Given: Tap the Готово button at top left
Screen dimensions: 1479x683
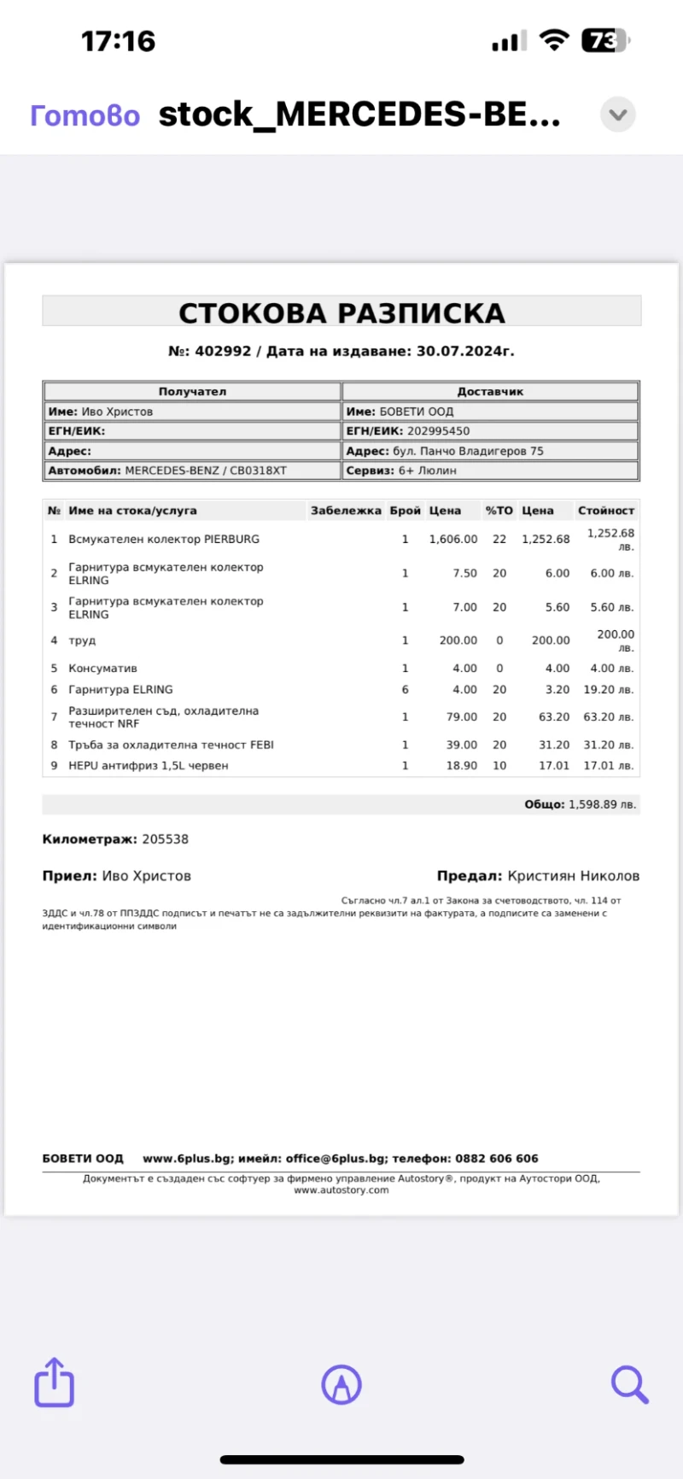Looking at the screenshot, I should point(85,115).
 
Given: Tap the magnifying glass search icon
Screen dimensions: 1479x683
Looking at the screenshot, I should point(629,1383).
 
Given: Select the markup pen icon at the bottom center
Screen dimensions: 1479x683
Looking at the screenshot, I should point(341,1383).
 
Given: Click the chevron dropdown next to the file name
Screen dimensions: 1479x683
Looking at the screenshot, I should point(618,114).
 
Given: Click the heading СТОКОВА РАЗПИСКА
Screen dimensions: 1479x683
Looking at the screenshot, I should point(341,313).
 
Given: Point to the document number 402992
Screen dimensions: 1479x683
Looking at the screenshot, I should point(223,351).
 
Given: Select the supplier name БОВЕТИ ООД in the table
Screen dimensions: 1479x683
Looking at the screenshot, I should point(417,412).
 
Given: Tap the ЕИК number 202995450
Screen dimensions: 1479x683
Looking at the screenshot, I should point(438,431).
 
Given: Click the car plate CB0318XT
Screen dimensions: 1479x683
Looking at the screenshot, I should point(258,471).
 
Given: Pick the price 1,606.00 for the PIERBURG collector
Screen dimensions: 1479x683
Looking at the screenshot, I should point(453,540).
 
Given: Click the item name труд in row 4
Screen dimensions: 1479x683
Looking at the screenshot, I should point(82,640).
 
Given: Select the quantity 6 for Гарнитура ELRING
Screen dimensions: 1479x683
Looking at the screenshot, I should point(405,690).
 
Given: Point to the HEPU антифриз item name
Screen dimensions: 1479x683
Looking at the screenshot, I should point(149,766).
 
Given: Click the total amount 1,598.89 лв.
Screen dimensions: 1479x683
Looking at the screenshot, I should point(602,804).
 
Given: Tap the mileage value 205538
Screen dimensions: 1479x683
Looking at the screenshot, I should point(165,839).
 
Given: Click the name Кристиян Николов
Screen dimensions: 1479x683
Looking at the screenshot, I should point(573,876).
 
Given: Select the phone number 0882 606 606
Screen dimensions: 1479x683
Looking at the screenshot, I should point(497,1159).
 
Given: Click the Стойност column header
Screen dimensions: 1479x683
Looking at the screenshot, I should point(605,511).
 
